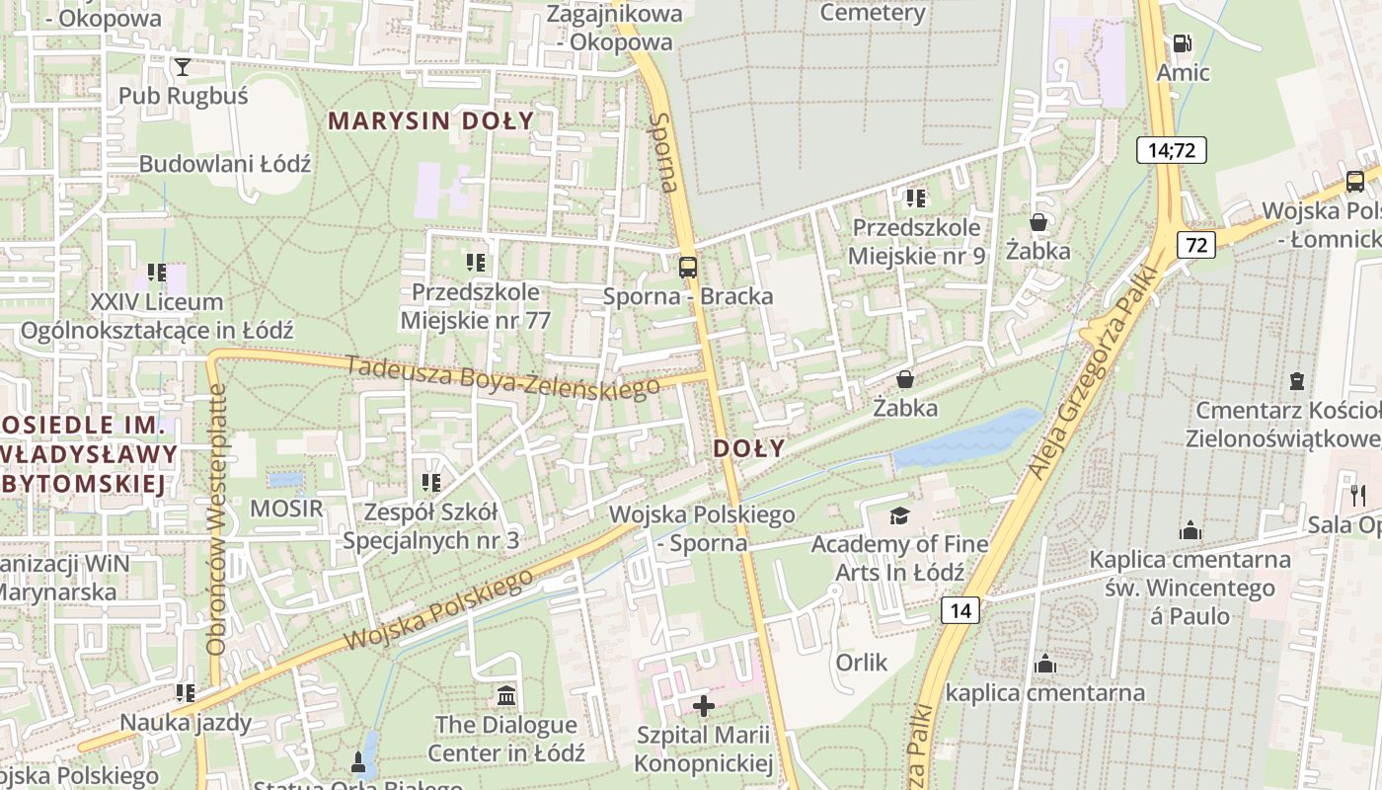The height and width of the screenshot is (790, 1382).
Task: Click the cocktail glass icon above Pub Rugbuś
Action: (183, 67)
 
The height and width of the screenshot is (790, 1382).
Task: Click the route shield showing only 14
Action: (960, 610)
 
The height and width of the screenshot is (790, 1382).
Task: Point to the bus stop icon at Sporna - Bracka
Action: (688, 267)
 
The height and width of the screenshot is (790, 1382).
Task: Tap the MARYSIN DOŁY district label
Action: (430, 121)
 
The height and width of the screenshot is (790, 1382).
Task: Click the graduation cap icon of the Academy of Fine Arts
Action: (899, 515)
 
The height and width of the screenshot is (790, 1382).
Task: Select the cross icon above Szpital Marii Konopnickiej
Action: (703, 705)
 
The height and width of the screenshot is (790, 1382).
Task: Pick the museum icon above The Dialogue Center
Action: (506, 695)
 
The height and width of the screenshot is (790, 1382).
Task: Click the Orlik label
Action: (862, 662)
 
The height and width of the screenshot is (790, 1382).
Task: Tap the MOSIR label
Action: (286, 509)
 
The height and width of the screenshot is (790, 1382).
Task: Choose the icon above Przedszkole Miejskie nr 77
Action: (476, 263)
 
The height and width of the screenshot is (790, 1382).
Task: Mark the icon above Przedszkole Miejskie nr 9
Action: (916, 198)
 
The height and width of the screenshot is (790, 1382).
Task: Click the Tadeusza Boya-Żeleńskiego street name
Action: (503, 376)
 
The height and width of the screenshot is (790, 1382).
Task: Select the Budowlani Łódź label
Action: (225, 164)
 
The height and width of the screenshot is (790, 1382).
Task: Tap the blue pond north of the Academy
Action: (966, 439)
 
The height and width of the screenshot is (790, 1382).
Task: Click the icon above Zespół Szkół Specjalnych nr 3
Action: (430, 483)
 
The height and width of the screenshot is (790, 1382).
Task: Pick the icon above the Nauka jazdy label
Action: (185, 693)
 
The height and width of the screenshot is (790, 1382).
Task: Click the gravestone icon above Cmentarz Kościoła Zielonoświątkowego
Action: (1297, 380)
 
